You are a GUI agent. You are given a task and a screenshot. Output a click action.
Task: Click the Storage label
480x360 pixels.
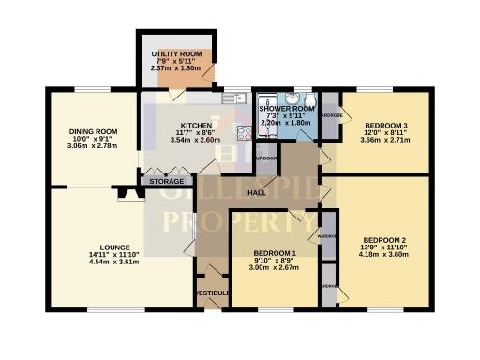[x=167, y=181]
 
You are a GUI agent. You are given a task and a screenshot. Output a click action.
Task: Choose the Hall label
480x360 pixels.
[x=255, y=193]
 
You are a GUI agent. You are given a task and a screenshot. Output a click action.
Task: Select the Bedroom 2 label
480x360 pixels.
[x=384, y=238]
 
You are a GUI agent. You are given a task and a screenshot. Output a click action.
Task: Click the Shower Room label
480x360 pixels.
[x=285, y=109]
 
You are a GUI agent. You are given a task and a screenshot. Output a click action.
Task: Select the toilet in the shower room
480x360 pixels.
[x=310, y=101]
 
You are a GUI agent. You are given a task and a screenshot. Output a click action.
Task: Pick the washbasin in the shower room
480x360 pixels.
[x=292, y=97]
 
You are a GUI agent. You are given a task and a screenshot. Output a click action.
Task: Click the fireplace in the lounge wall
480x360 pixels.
[x=127, y=195]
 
